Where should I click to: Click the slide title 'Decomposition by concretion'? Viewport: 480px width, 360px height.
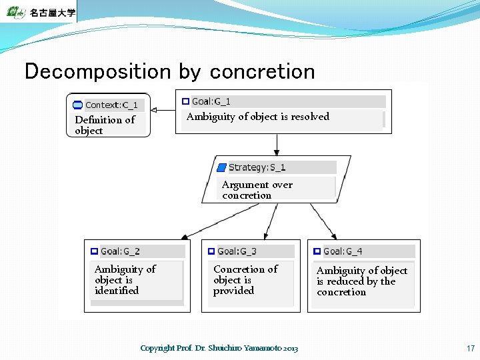[169, 71]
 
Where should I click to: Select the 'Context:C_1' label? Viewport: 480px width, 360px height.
[111, 105]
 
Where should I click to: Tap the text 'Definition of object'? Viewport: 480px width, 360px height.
[105, 125]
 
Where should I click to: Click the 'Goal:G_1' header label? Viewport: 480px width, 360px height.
[211, 101]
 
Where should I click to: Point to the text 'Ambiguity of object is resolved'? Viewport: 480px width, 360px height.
[257, 117]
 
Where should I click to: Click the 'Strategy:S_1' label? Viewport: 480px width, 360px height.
[257, 167]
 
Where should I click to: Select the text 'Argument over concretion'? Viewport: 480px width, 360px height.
[257, 190]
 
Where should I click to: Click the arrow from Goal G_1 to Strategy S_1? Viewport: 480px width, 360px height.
[277, 144]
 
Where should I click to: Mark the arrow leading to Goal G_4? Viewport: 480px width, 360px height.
[324, 221]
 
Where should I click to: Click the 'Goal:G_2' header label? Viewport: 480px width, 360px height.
[120, 251]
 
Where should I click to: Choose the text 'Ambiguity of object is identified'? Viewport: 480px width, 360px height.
[125, 279]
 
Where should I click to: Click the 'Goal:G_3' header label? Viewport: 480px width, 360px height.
[237, 251]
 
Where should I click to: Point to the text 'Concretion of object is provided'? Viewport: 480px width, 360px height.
[245, 279]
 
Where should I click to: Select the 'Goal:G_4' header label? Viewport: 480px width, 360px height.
[343, 251]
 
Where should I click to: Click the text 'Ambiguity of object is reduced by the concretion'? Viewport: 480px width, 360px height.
[361, 281]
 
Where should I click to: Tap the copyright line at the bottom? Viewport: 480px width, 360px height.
[219, 348]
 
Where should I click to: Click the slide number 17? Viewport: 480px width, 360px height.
[471, 348]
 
